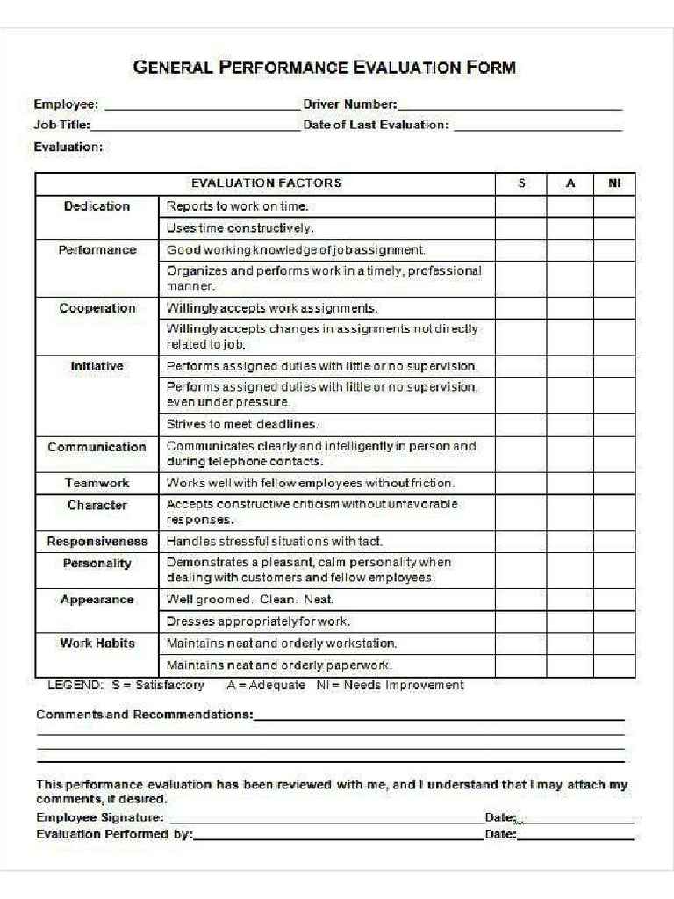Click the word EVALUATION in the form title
[407, 68]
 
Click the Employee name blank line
[202, 106]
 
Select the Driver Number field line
[510, 106]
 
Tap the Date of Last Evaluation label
[376, 126]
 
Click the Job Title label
[61, 126]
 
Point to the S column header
[521, 183]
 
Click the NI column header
[614, 183]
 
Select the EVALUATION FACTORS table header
[266, 183]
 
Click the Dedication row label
[97, 206]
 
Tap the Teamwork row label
[97, 483]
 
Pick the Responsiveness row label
[97, 542]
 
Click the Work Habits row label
[97, 644]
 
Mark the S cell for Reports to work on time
[521, 206]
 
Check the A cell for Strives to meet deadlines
[570, 425]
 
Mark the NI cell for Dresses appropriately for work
[614, 622]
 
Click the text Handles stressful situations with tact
[275, 542]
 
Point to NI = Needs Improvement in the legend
[390, 685]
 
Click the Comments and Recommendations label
[144, 715]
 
